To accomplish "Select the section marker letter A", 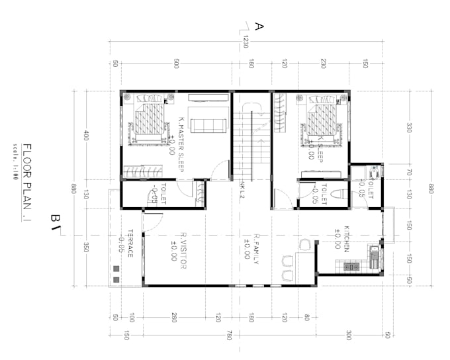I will point(259,26).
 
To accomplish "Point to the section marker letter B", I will point(56,218).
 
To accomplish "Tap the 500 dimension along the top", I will point(176,64).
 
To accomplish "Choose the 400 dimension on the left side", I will point(86,135).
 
